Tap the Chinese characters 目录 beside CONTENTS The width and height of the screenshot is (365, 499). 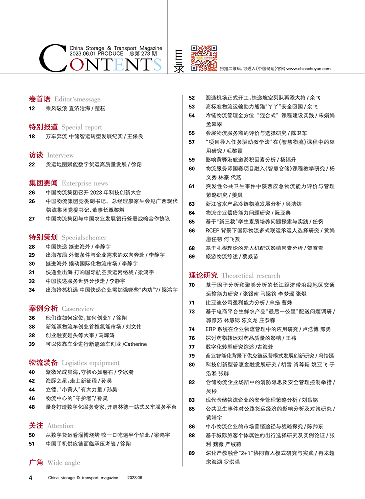pos(179,61)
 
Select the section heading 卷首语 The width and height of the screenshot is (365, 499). pos(40,99)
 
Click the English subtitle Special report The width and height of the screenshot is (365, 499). pos(82,127)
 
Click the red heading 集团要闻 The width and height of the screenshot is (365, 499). pos(43,183)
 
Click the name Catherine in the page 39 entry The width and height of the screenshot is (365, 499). pos(136,344)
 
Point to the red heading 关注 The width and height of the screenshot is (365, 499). pos(36,426)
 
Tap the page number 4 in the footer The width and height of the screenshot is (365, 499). pos(31,478)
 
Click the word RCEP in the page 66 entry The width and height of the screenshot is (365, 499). pos(214,231)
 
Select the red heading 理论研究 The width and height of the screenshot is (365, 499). pos(203,275)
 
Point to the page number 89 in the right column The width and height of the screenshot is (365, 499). pos(192,453)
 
